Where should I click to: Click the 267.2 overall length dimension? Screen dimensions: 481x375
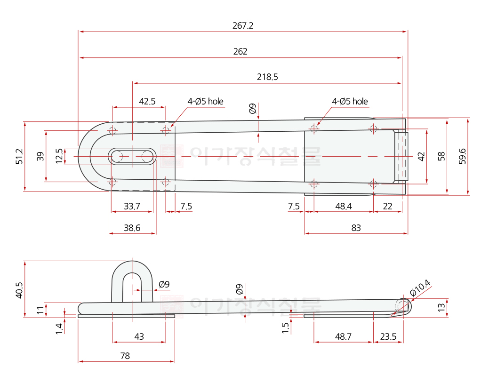(x=243, y=25)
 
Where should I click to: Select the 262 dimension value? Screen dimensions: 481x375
(x=240, y=51)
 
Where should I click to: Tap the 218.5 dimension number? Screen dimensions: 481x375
(x=267, y=77)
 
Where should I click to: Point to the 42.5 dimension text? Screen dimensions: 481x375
(x=147, y=101)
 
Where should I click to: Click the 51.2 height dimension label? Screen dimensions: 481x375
(x=19, y=156)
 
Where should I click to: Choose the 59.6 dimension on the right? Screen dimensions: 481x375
(x=462, y=156)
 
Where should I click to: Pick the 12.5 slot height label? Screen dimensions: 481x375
(x=59, y=156)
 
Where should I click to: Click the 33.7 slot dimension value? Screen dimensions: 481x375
(x=132, y=206)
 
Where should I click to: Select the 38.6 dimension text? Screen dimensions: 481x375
(x=132, y=228)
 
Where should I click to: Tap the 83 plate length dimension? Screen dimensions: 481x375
(x=356, y=228)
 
